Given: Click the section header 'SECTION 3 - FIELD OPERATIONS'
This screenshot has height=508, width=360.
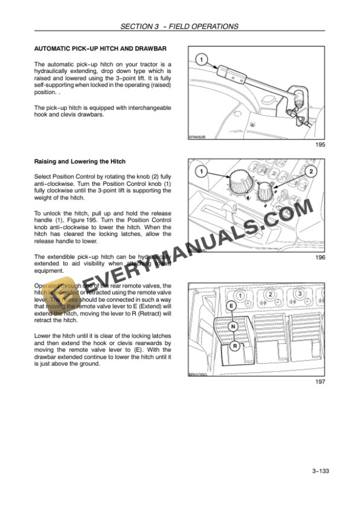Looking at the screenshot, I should [x=179, y=26].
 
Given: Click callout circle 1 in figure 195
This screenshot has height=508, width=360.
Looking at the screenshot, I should [x=201, y=60].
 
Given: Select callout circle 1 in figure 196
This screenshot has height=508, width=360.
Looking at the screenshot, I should [x=201, y=172].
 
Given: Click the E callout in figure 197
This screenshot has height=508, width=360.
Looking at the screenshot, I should [x=231, y=306].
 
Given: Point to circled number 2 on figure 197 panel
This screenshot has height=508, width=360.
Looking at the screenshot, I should [x=269, y=294].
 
